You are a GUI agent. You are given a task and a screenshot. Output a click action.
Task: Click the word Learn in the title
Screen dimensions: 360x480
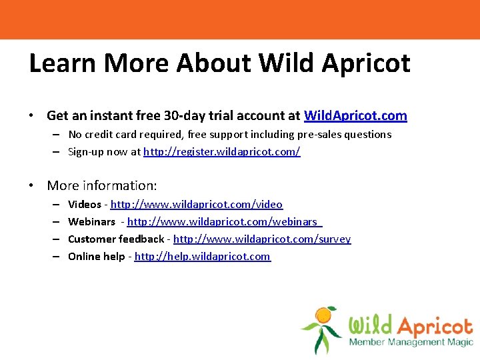(x=63, y=63)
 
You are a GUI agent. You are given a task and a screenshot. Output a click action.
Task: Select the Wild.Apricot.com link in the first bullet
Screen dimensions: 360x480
(x=355, y=115)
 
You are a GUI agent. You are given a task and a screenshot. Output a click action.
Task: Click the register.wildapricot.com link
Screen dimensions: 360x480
(x=222, y=151)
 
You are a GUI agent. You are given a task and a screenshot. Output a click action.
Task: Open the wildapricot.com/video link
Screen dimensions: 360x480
(x=197, y=204)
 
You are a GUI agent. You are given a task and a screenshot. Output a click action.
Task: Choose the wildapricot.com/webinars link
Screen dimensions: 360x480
(x=224, y=221)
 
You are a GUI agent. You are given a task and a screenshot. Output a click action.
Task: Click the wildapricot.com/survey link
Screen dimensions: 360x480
(x=262, y=239)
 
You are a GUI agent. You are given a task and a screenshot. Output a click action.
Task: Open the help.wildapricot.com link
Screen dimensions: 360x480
(x=203, y=256)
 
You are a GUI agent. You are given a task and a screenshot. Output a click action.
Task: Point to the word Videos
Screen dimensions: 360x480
(x=85, y=204)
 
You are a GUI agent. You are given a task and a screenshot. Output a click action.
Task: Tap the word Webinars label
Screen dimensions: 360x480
(x=91, y=221)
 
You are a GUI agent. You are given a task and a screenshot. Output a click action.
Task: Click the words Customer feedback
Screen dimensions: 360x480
(x=116, y=239)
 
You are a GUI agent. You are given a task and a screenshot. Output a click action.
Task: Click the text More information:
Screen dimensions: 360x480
(x=102, y=185)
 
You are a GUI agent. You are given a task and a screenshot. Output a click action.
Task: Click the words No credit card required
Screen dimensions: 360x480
(x=127, y=134)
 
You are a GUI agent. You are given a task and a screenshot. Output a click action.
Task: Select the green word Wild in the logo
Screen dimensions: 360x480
(x=371, y=326)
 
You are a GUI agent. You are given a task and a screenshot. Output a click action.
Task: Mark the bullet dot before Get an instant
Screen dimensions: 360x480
(x=32, y=116)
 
